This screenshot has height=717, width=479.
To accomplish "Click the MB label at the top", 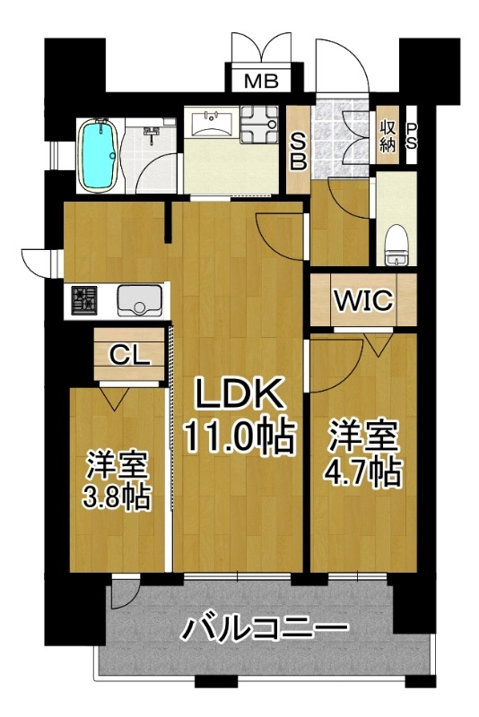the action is point(261,82).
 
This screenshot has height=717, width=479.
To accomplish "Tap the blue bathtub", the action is point(98,155).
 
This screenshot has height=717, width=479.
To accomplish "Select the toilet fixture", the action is point(396,246).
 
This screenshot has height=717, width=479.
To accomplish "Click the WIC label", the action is point(363,300).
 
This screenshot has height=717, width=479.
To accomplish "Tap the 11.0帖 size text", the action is point(238,436).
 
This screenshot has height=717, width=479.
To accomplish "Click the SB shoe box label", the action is point(299,151).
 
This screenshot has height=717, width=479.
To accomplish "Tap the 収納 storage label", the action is point(387,136).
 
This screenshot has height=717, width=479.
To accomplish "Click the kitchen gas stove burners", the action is point(83,300).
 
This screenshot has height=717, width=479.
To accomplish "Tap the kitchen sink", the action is point(140,301).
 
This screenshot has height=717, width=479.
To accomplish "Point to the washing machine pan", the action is point(259,124).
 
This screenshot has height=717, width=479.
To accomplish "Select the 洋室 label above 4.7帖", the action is point(362,437).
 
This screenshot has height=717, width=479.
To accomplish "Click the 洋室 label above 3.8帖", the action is point(117,465).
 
